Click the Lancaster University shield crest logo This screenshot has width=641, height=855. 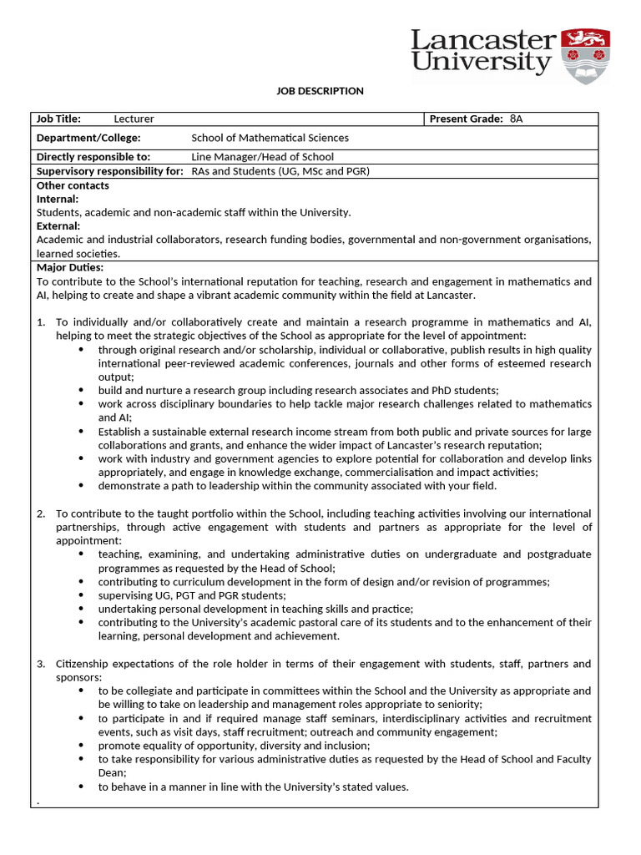pyautogui.click(x=585, y=55)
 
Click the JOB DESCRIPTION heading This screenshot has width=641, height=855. pyautogui.click(x=320, y=91)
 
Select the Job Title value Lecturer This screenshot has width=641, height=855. pyautogui.click(x=134, y=119)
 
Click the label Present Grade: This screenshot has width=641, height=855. pyautogui.click(x=466, y=119)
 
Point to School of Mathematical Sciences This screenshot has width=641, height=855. pyautogui.click(x=270, y=138)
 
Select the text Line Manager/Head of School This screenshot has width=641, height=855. pyautogui.click(x=262, y=157)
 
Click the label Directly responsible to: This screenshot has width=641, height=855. pyautogui.click(x=93, y=157)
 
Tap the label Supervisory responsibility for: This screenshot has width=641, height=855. pyautogui.click(x=109, y=171)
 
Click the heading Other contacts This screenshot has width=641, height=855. pyautogui.click(x=73, y=185)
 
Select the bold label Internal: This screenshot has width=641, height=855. pyautogui.click(x=58, y=199)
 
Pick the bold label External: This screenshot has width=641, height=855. pyautogui.click(x=58, y=225)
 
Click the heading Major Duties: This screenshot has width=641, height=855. pyautogui.click(x=70, y=267)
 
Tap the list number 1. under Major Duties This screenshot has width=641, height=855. pyautogui.click(x=41, y=322)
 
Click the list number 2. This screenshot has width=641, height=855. pyautogui.click(x=41, y=514)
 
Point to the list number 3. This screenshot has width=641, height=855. pyautogui.click(x=41, y=664)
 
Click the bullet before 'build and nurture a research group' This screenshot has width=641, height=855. pyautogui.click(x=81, y=390)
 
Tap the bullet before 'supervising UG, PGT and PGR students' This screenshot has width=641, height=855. pyautogui.click(x=81, y=595)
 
